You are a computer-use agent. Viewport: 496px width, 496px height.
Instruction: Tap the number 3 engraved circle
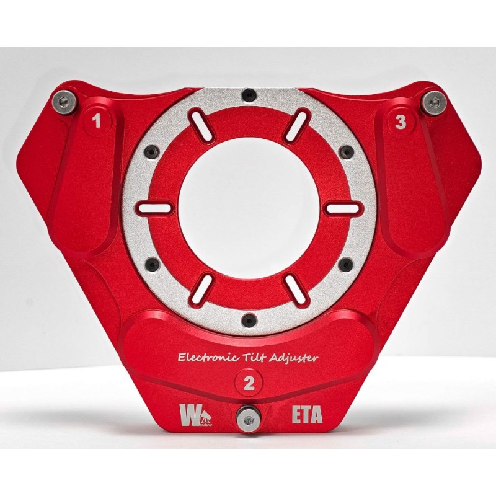click(x=401, y=123)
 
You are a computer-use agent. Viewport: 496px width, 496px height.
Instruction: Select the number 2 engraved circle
click(x=249, y=383)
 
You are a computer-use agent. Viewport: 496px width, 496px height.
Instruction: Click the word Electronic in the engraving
click(x=203, y=357)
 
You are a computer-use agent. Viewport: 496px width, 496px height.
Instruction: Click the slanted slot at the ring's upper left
click(x=201, y=125)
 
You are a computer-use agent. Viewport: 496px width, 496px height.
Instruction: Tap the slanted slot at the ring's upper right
click(x=296, y=125)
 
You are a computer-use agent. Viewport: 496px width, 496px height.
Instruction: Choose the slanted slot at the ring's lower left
click(x=201, y=290)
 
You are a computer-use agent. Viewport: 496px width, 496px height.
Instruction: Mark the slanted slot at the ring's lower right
click(x=296, y=290)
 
